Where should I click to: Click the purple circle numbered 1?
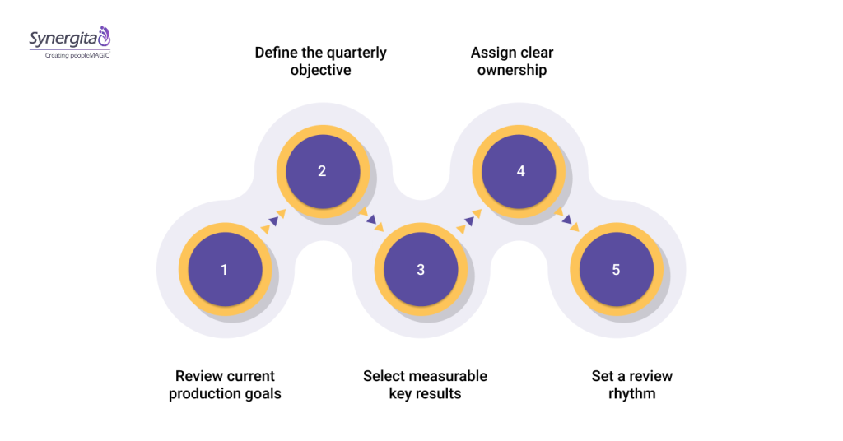225,270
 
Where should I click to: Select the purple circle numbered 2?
322,172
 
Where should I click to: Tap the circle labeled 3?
420,270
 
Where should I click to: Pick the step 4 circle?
519,172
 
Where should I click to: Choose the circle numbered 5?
617,270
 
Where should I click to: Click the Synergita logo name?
63,38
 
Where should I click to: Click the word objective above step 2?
320,71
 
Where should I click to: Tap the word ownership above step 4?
512,71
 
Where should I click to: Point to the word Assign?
492,53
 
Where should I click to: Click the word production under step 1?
202,394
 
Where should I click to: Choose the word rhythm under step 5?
631,394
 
